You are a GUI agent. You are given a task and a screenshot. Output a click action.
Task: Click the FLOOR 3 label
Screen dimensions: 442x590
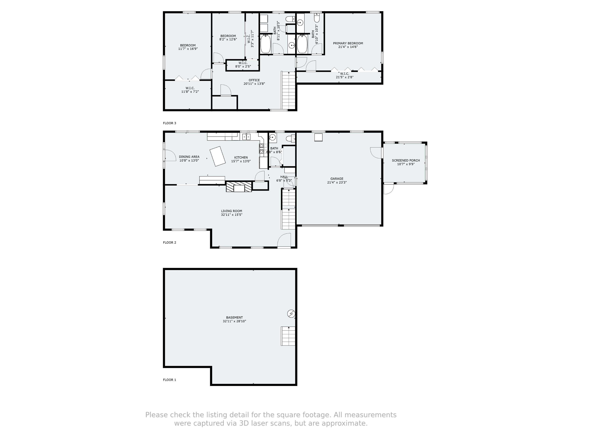click(169, 123)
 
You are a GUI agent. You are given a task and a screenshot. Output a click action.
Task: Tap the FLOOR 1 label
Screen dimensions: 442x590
click(169, 380)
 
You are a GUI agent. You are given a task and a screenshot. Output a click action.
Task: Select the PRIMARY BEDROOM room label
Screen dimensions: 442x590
click(348, 43)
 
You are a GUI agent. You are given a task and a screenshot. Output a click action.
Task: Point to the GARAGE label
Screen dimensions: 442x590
click(337, 179)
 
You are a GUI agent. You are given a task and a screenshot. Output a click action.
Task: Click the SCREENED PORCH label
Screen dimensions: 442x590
click(406, 160)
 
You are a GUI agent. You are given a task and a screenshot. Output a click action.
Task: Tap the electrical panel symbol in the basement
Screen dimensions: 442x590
click(291, 314)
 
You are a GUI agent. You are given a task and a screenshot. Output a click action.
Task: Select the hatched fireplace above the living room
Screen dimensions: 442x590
click(239, 187)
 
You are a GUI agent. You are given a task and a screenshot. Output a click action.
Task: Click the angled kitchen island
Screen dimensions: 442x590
click(218, 156)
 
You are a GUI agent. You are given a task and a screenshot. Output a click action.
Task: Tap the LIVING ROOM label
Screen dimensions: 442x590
click(231, 211)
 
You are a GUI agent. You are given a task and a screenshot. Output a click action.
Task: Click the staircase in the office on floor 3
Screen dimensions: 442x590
click(289, 91)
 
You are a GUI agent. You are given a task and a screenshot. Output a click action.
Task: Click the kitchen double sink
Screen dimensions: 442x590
click(246, 137)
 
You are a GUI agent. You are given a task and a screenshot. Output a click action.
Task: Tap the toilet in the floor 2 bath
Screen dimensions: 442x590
click(290, 138)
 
